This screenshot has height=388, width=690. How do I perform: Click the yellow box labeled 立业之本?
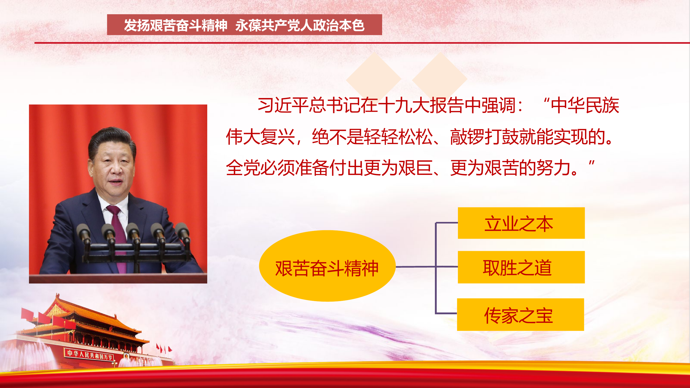tap(521, 223)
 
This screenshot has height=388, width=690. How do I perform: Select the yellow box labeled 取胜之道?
tap(521, 267)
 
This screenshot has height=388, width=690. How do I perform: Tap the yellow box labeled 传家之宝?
tap(520, 314)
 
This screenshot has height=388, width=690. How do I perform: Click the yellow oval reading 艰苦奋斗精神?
tap(327, 266)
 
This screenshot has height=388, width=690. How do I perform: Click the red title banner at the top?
tap(244, 25)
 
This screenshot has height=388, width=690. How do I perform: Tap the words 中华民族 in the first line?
tap(585, 105)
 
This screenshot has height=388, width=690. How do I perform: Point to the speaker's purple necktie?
tap(118, 228)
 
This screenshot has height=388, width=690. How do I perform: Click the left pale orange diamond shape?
tap(373, 79)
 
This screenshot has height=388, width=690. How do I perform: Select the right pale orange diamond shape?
tap(440, 79)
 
